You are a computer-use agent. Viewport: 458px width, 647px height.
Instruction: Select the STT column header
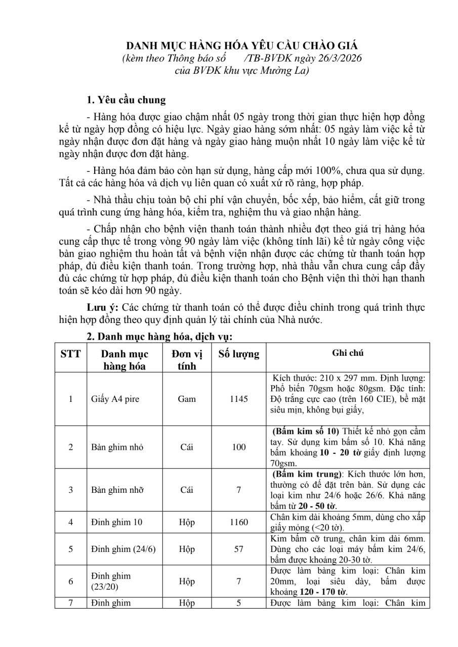click(x=70, y=354)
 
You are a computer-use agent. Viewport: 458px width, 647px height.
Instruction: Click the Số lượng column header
click(x=238, y=354)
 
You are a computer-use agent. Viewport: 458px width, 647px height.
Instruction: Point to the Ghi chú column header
click(x=348, y=353)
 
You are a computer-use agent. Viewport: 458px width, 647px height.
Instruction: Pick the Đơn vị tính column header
click(x=186, y=359)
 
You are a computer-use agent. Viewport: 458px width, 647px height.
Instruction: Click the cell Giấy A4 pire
click(x=115, y=399)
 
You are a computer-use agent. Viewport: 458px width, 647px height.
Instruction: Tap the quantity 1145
click(x=238, y=399)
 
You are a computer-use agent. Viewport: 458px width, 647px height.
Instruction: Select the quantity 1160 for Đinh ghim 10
click(x=238, y=522)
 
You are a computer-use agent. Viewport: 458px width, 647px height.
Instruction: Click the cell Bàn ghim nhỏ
click(x=117, y=447)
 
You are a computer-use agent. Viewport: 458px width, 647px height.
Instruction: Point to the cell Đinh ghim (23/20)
click(x=111, y=581)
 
